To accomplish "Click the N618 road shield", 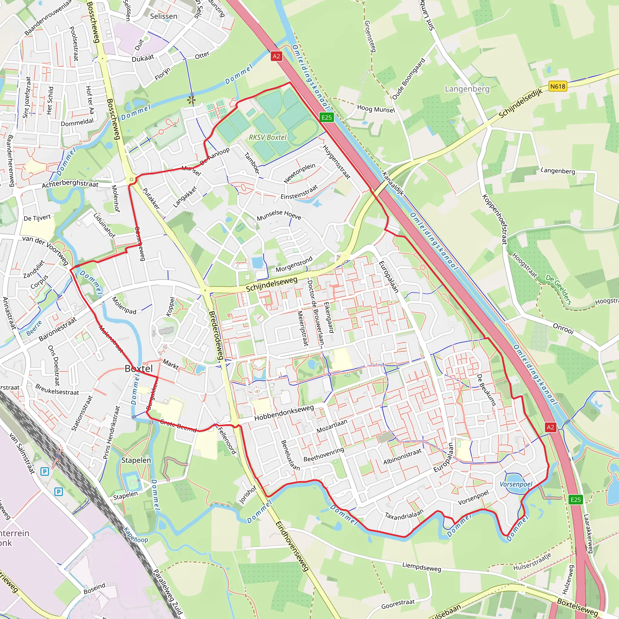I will pos(558,86).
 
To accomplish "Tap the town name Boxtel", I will pos(139,368).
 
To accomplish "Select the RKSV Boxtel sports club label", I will pos(267,137).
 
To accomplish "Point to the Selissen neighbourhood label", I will pos(164,16).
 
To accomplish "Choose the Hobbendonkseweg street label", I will pos(284,413).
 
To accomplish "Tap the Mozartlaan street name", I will pos(332,426).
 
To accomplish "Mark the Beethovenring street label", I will pos(324,454).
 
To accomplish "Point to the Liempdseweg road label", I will pos(422,567).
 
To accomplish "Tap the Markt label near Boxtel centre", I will pos(170,364).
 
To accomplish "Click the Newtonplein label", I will pos(300,173).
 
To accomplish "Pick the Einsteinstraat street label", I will pos(299,192).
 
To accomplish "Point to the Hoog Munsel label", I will pos(376,109).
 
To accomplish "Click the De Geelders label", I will pos(559,289).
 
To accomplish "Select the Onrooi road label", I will pos(563,329).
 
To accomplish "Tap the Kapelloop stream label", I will pos(136,535).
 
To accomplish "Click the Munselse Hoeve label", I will pos(279,215).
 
